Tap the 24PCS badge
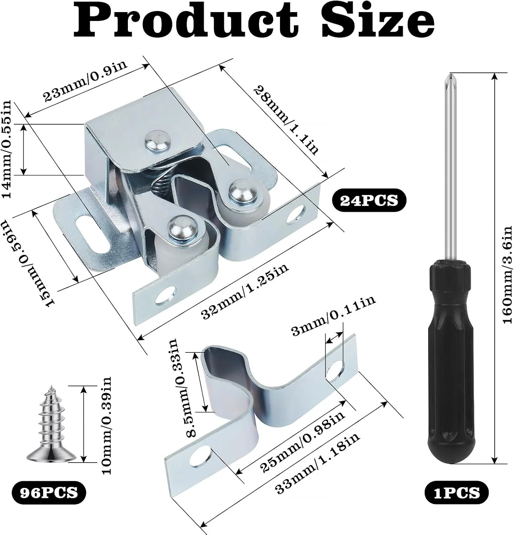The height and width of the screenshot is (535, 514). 369,201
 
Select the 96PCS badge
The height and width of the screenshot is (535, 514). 49,493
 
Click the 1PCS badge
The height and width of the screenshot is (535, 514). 457,493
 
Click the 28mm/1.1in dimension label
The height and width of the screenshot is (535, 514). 286,120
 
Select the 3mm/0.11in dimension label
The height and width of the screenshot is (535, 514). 333,316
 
